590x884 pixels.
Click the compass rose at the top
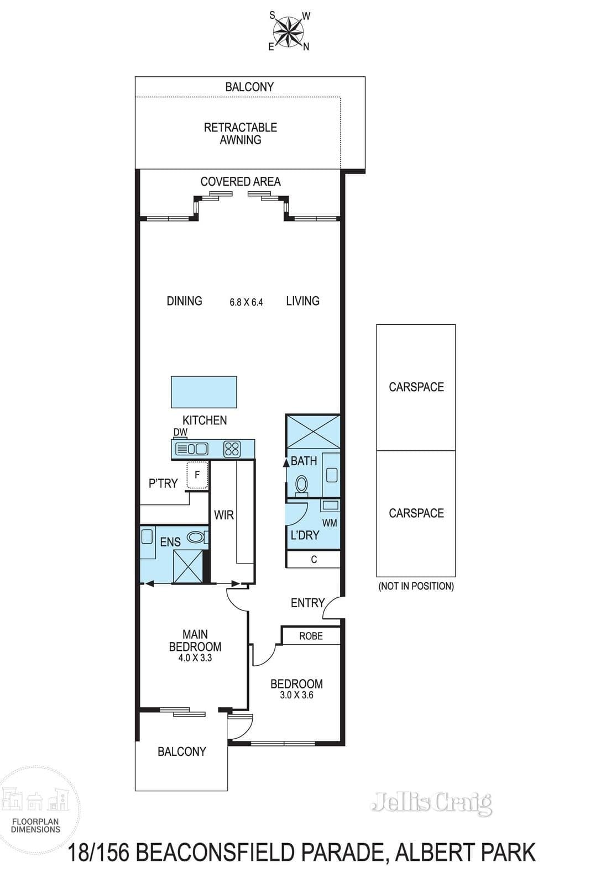[289, 31]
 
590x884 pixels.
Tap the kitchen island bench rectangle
[204, 392]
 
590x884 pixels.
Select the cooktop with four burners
[232, 449]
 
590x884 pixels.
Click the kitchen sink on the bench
[191, 449]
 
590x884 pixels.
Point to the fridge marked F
[197, 475]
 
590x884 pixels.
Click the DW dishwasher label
[180, 432]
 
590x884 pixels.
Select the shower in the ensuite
[188, 566]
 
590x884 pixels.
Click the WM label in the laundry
[330, 523]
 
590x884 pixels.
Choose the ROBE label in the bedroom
[311, 636]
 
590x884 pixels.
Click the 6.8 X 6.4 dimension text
[246, 302]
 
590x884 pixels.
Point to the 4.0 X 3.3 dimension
[195, 658]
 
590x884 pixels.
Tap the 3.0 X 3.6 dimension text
[296, 695]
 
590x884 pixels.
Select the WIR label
[224, 515]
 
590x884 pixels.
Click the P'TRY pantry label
[163, 483]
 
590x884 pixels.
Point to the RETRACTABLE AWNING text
[241, 133]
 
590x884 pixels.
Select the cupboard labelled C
[313, 559]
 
